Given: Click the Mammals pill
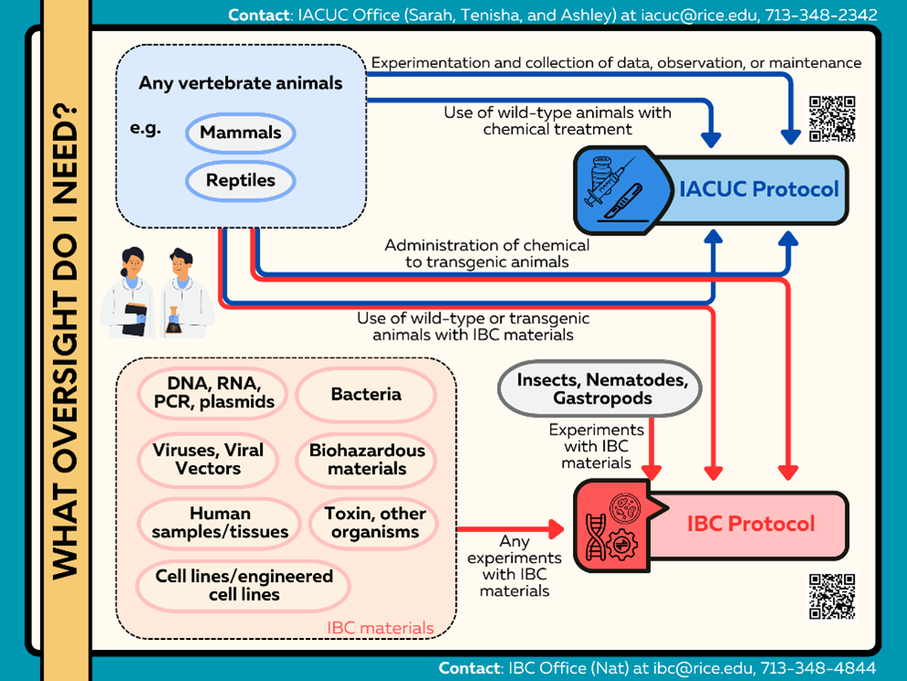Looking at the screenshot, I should [241, 133].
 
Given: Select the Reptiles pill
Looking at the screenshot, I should [241, 180].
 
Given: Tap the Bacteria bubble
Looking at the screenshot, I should [366, 395].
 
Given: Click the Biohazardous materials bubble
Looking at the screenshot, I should [367, 459].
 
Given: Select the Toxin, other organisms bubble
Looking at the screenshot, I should [375, 523].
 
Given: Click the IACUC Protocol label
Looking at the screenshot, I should [759, 189].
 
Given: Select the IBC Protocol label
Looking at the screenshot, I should [750, 524].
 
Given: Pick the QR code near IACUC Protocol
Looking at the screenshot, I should [832, 119].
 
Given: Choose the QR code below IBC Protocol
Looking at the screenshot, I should [832, 597].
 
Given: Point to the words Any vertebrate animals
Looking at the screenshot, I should [241, 83].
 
